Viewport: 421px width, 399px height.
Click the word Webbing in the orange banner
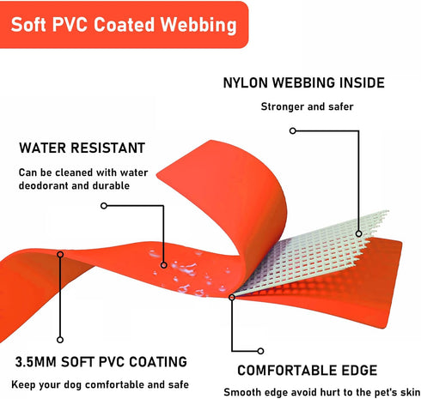(x=198, y=25)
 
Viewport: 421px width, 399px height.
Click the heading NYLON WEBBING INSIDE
(x=303, y=83)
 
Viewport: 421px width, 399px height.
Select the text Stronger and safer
(x=307, y=106)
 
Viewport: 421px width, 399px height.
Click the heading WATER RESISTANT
(x=82, y=148)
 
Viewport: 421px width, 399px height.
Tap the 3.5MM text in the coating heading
(x=35, y=362)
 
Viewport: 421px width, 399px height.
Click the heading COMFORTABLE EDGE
(x=308, y=371)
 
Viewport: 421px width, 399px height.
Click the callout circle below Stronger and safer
(x=292, y=130)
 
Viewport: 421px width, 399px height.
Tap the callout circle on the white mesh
(x=358, y=233)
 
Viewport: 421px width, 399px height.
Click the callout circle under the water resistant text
(x=104, y=205)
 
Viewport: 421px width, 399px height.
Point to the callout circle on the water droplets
(x=163, y=265)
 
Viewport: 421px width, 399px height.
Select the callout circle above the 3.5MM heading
(x=60, y=340)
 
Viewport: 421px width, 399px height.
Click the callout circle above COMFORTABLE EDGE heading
(x=260, y=351)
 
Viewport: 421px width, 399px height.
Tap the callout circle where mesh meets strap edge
(x=232, y=297)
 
